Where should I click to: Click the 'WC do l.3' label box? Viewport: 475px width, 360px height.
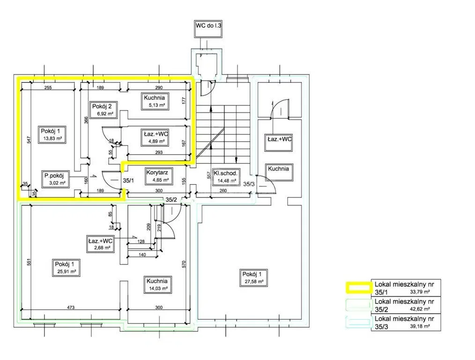coord(208,29)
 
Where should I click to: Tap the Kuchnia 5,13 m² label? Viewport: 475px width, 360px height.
coord(155,101)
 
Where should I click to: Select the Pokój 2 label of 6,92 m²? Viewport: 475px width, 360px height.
coord(102,110)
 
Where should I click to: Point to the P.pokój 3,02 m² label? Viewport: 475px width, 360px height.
coord(54,179)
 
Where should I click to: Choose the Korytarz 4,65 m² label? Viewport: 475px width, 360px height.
coord(157,176)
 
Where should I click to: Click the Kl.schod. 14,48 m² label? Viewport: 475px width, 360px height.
coord(225,177)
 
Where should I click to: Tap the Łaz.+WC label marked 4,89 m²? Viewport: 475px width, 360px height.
coord(155,137)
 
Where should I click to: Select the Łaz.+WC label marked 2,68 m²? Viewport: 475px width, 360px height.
coord(100,244)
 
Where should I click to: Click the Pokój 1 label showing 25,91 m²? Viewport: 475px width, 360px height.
coord(67,268)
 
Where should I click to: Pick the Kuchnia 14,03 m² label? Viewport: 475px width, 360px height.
coord(157,285)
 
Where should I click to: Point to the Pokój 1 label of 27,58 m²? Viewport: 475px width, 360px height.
coord(254,278)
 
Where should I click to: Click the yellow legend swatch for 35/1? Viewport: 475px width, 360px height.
coord(359,288)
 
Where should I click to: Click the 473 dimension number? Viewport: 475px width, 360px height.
coord(70,307)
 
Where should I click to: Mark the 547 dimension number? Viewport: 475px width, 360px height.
coord(29,140)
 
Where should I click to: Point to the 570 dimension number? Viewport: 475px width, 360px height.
coord(184,264)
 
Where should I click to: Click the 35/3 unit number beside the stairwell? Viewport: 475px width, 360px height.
coord(249,184)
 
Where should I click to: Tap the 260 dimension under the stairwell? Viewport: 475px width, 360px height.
coord(223,191)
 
